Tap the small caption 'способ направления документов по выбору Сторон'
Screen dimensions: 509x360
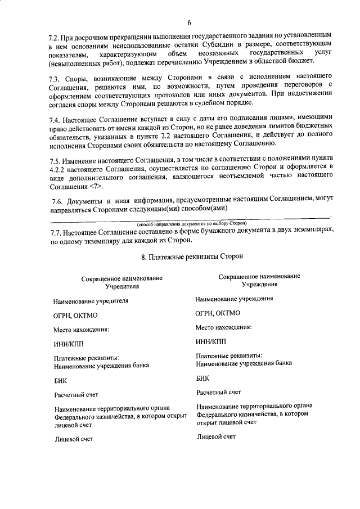pyautogui.click(x=192, y=223)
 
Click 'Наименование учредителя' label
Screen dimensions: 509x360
pyautogui.click(x=91, y=301)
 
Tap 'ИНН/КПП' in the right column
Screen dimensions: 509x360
pyautogui.click(x=210, y=341)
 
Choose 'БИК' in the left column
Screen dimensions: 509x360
pyautogui.click(x=60, y=380)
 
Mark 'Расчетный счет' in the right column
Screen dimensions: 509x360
pyautogui.click(x=219, y=392)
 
